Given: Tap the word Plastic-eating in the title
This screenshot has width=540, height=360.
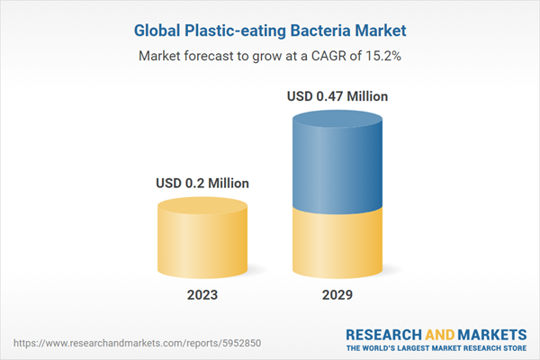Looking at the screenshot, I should [235, 31].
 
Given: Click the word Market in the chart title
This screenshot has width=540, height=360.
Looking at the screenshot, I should [382, 31].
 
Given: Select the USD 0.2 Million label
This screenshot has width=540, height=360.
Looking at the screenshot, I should [202, 184].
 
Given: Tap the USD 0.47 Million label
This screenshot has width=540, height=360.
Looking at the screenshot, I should [338, 95].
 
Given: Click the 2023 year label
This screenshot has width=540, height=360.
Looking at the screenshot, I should [202, 294].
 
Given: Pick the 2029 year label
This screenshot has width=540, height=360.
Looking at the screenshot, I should [338, 294].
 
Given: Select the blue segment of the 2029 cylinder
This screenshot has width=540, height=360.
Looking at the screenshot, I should [338, 162].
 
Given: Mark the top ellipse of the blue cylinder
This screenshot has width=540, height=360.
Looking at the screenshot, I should [338, 119].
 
